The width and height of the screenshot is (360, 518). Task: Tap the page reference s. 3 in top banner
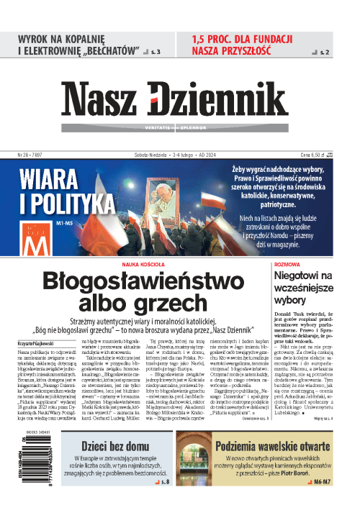pyautogui.click(x=155, y=53)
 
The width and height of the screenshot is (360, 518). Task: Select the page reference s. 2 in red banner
pyautogui.click(x=323, y=53)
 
